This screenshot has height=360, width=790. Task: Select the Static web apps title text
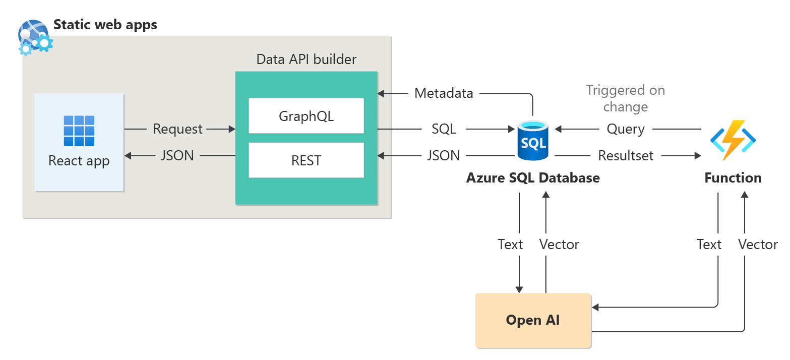[105, 25]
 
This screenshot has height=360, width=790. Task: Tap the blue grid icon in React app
[79, 131]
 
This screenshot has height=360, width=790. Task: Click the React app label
[79, 161]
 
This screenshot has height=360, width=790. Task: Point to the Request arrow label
[178, 129]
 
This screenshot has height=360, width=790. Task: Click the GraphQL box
[306, 115]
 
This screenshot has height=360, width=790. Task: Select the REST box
[306, 160]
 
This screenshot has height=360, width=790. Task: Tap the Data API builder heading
[306, 59]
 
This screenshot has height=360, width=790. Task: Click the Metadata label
[444, 93]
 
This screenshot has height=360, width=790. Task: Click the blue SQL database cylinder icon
[533, 140]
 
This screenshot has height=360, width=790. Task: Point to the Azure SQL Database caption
[533, 177]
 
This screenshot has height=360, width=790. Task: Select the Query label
[626, 129]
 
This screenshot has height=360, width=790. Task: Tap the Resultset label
[626, 155]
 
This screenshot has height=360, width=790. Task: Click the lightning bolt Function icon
[733, 140]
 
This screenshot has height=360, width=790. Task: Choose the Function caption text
[733, 177]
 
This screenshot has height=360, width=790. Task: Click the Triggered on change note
[626, 98]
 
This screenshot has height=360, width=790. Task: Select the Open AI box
[533, 321]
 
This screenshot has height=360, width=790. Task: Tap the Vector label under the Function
[758, 245]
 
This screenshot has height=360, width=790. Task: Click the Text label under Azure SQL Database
[510, 245]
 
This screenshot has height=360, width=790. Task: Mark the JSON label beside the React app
[177, 155]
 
